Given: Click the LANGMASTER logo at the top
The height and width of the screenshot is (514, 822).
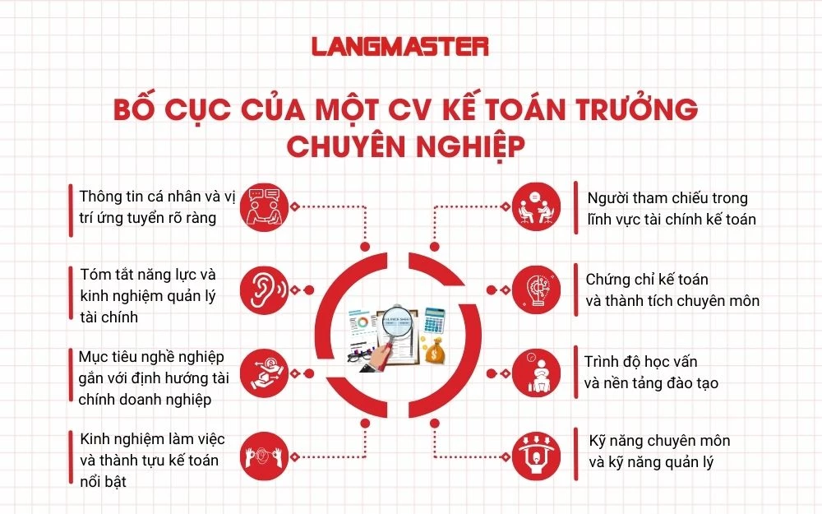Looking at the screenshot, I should pyautogui.click(x=400, y=46).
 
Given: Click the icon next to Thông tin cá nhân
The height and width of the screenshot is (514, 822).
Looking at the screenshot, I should pyautogui.click(x=265, y=206).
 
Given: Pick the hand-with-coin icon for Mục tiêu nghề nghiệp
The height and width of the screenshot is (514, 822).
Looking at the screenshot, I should pyautogui.click(x=265, y=371).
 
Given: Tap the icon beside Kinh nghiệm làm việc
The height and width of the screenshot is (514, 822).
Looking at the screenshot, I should pyautogui.click(x=265, y=454).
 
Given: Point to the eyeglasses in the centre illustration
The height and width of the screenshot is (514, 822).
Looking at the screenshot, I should pyautogui.click(x=359, y=356).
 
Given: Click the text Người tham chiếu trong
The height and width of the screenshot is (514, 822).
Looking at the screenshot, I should pyautogui.click(x=667, y=198).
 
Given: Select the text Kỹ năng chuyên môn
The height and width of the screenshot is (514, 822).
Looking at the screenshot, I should pyautogui.click(x=660, y=441).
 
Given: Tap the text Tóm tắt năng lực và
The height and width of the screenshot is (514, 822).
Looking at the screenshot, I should pyautogui.click(x=148, y=274).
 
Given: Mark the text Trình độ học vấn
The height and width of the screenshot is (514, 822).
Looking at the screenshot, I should pyautogui.click(x=641, y=361).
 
